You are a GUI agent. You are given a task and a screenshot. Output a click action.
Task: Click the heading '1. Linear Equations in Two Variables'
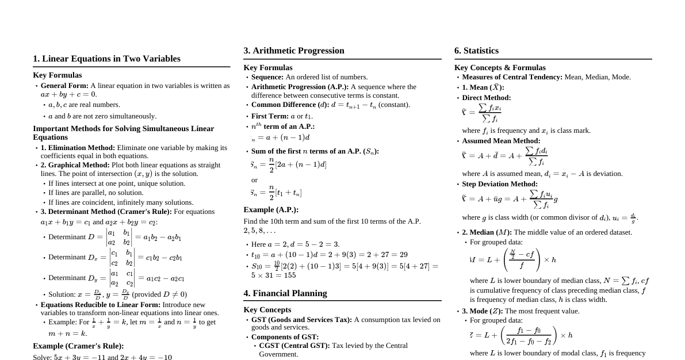pos(106,59)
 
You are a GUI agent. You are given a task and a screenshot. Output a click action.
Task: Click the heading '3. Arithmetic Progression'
pos(293,51)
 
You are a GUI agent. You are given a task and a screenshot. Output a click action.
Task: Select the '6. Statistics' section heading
pos(476,51)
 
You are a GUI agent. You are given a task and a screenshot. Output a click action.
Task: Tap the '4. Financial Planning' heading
pos(285,293)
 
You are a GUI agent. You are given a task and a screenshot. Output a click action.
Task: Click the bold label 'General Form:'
pos(64,86)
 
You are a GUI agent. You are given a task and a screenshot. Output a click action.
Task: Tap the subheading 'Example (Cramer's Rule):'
pos(78,346)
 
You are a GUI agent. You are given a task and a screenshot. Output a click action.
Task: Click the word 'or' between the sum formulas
pos(254,180)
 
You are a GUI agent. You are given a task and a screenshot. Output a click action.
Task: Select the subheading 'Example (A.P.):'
pos(271,210)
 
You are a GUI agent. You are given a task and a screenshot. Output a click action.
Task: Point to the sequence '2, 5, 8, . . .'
pos(259,231)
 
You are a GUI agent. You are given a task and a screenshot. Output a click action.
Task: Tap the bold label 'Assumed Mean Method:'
pos(501,141)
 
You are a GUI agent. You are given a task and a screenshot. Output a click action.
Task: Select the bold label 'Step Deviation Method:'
pos(500,184)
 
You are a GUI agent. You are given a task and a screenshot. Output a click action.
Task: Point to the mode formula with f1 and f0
pos(521,335)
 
